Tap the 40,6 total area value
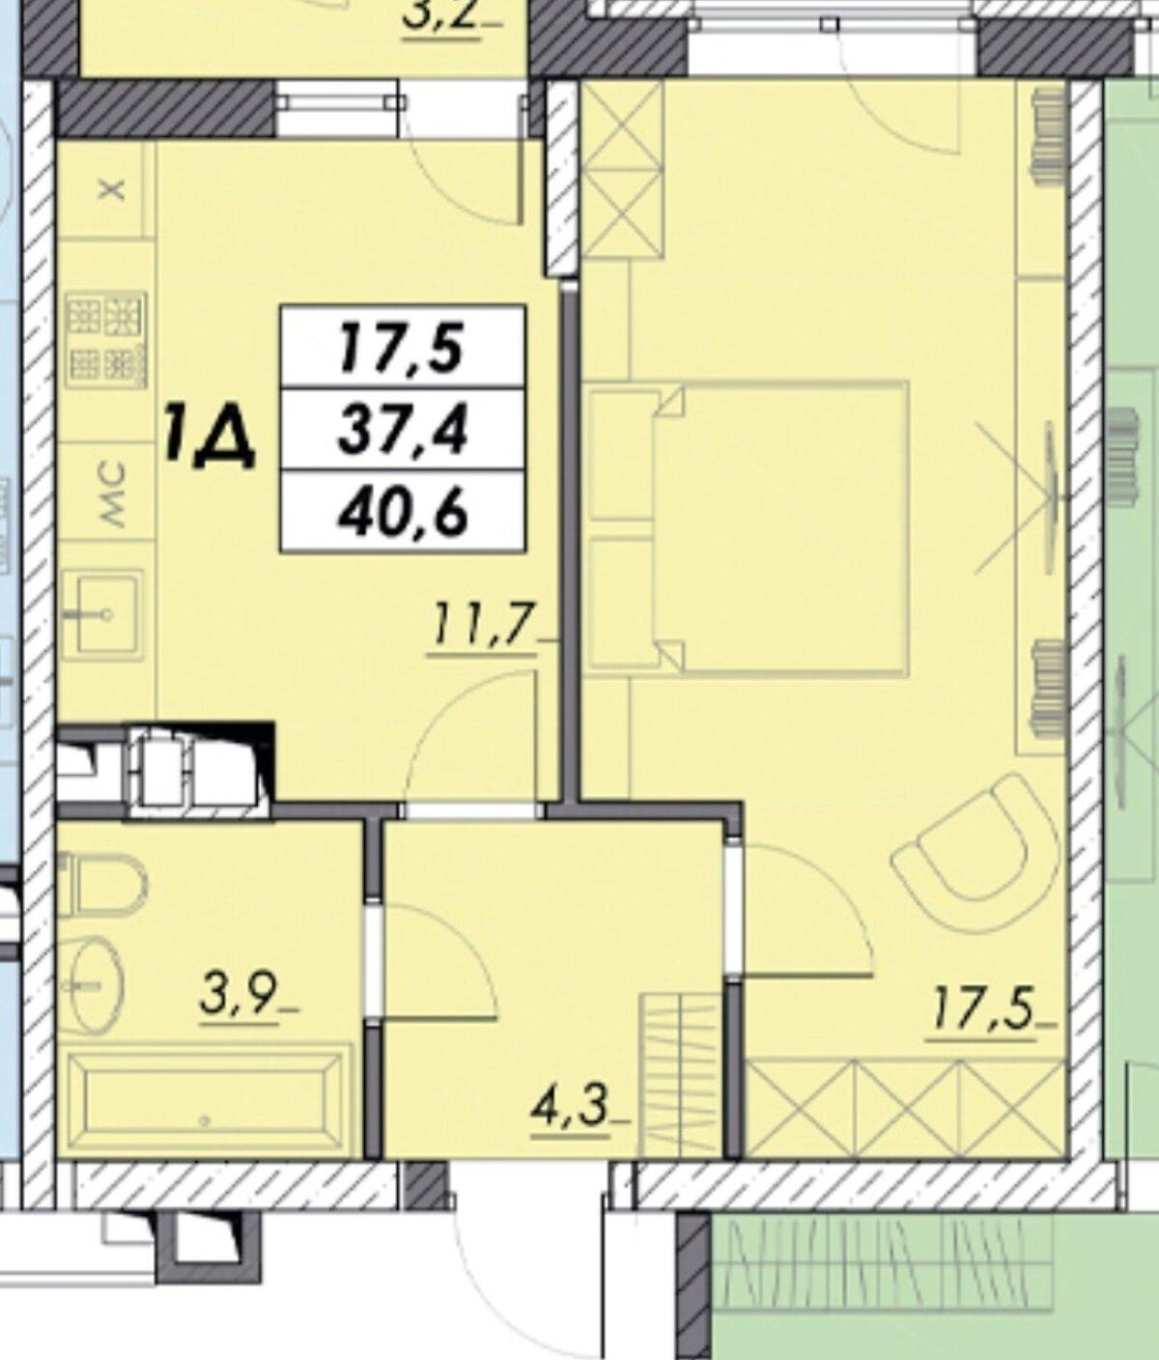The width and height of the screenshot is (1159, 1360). coord(403,512)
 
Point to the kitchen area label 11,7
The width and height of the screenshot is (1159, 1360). coord(482,629)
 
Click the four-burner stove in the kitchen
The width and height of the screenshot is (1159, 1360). coord(105,341)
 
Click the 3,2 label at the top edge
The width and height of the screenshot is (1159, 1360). coord(440,15)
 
